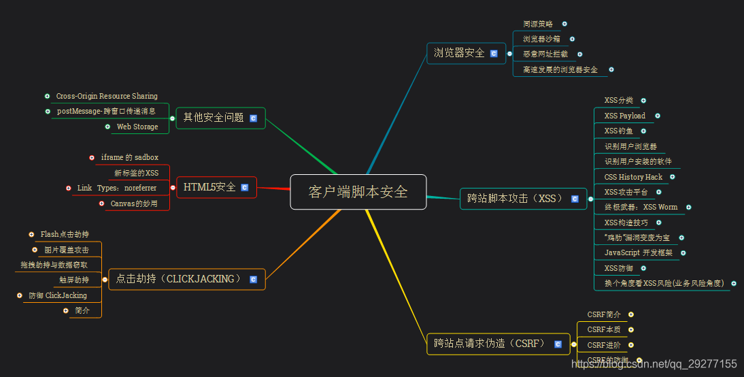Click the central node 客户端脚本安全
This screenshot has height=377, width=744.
[358, 192]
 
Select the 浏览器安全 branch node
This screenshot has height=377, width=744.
[459, 53]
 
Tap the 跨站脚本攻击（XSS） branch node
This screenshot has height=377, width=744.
[515, 199]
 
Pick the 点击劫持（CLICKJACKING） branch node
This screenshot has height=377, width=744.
[179, 279]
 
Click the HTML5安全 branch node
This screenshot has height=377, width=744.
[209, 187]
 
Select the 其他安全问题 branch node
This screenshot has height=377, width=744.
[214, 118]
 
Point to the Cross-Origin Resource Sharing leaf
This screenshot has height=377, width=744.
[107, 96]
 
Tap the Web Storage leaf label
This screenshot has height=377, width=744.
[137, 127]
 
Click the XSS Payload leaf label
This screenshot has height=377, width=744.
[625, 116]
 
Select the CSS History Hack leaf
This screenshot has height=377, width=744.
[633, 177]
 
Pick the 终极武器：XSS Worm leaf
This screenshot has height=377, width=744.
[641, 207]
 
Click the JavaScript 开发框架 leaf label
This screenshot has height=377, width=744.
[639, 252]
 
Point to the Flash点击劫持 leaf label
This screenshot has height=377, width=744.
[65, 234]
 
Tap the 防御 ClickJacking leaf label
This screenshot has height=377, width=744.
[58, 295]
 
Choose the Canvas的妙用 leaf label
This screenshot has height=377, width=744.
[134, 203]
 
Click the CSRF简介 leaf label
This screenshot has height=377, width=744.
[604, 314]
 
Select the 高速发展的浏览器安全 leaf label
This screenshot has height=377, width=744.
[560, 69]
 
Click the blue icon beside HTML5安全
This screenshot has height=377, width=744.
[245, 187]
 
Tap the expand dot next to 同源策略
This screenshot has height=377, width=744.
[564, 24]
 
